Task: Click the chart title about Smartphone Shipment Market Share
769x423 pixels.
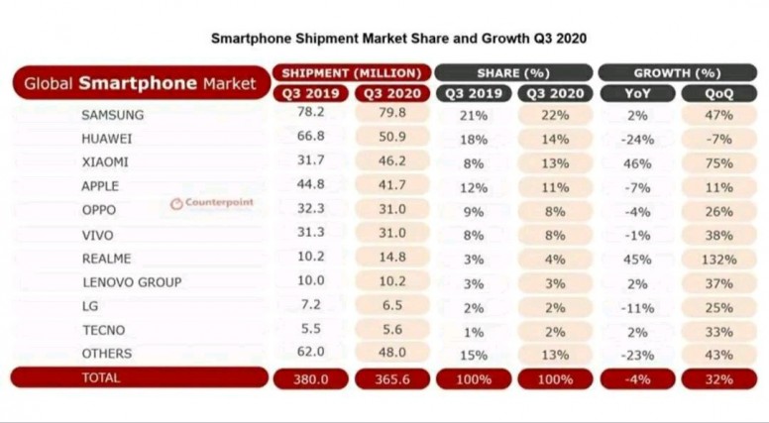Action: tap(398, 39)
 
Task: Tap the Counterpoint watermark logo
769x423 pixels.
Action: tap(212, 203)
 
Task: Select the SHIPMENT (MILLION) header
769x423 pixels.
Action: tap(352, 73)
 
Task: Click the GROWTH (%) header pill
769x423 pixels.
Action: tap(677, 73)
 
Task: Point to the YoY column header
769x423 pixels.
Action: tap(637, 94)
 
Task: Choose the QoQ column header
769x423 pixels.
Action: tap(719, 94)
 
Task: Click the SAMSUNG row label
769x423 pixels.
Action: tap(113, 115)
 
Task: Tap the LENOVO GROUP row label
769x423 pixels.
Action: tap(132, 282)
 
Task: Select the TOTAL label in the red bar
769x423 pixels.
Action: tap(101, 377)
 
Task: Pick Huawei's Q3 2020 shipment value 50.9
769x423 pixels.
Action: tap(392, 137)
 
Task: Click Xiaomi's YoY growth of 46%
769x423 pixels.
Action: tap(637, 163)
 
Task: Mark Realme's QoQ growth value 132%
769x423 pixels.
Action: tap(719, 260)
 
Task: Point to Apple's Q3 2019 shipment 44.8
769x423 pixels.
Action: tap(311, 184)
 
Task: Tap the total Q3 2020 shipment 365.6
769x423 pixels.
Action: tap(392, 379)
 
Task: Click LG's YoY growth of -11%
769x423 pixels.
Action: tap(637, 308)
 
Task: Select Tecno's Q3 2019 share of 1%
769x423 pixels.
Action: tap(474, 332)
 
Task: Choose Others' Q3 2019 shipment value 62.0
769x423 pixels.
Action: tap(311, 352)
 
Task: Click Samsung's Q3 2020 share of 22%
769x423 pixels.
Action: tap(555, 116)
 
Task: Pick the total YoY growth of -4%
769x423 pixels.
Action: tap(637, 379)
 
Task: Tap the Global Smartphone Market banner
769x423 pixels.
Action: tap(142, 83)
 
